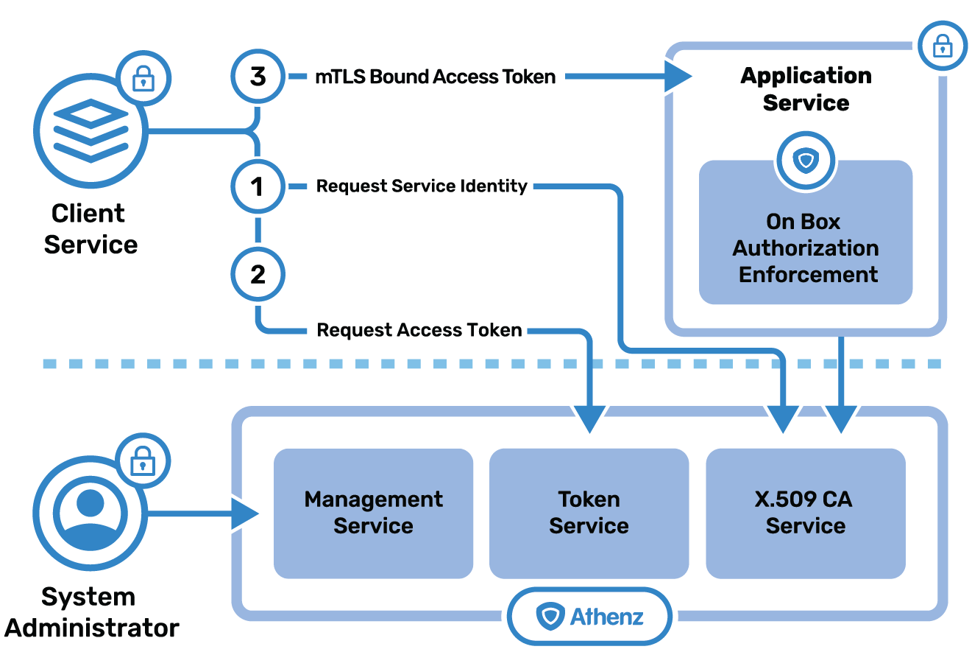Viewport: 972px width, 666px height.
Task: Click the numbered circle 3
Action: pyautogui.click(x=258, y=77)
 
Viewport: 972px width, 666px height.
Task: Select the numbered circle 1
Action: pyautogui.click(x=258, y=186)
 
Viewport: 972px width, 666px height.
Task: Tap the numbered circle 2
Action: pyautogui.click(x=258, y=275)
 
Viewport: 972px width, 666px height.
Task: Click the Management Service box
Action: pyautogui.click(x=373, y=513)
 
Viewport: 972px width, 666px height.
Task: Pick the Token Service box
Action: pyautogui.click(x=589, y=513)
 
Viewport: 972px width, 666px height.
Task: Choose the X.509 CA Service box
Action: pyautogui.click(x=806, y=513)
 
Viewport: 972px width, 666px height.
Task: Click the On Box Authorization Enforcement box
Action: pyautogui.click(x=806, y=232)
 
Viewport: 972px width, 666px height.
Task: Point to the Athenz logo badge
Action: pyautogui.click(x=589, y=616)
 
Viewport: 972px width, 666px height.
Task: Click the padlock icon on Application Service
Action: pyautogui.click(x=943, y=46)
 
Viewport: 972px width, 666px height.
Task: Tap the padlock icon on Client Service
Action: pyautogui.click(x=143, y=78)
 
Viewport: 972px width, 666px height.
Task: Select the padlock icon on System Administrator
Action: pyautogui.click(x=143, y=460)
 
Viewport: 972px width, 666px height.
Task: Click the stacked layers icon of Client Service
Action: pyautogui.click(x=91, y=130)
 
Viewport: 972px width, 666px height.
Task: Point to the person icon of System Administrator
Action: pyautogui.click(x=91, y=513)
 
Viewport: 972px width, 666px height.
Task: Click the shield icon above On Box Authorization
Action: pyautogui.click(x=806, y=161)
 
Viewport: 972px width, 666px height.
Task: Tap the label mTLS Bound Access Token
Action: pyautogui.click(x=436, y=77)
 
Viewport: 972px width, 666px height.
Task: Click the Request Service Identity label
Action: pyautogui.click(x=422, y=186)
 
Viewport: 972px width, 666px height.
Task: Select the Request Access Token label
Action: pyautogui.click(x=419, y=330)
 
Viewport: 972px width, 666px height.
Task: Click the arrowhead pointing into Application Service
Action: pyautogui.click(x=678, y=77)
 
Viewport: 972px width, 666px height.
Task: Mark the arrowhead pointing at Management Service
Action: pyautogui.click(x=245, y=514)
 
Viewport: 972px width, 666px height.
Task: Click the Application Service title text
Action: pyautogui.click(x=806, y=89)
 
